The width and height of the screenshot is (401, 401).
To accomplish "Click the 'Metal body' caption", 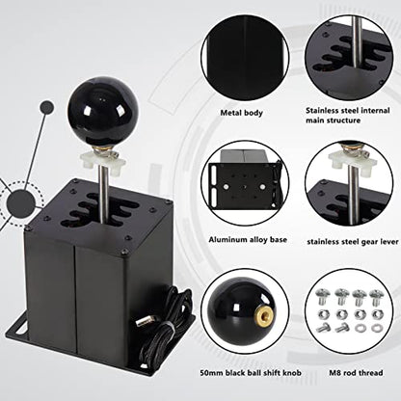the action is point(242,113).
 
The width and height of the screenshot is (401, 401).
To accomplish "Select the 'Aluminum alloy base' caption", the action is point(248,240).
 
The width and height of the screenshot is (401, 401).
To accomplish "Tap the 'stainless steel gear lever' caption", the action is point(353,242).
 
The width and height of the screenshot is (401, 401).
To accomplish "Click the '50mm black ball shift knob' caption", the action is point(251,373).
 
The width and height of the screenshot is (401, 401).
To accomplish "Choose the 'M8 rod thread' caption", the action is point(356,373).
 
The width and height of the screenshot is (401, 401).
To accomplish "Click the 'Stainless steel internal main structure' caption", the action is point(348,116).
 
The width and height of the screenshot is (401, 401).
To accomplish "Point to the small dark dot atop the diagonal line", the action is point(47,108).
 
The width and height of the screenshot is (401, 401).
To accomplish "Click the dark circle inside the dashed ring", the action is point(21,203).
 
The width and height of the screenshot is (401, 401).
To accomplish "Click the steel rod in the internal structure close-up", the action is point(356,41).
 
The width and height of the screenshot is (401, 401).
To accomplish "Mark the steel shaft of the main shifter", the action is point(103,193).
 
